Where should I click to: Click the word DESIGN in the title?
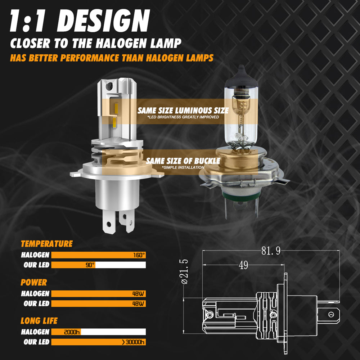[103, 21]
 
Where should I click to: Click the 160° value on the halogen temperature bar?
[139, 255]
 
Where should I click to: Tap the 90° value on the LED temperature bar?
[90, 265]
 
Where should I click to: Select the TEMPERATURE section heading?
[46, 244]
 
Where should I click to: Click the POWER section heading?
[34, 282]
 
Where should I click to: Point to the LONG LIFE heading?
[39, 321]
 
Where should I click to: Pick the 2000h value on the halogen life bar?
[72, 332]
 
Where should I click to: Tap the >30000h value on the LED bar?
[133, 342]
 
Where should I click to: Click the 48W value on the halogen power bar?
[138, 294]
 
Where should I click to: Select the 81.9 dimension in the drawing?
[271, 251]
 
